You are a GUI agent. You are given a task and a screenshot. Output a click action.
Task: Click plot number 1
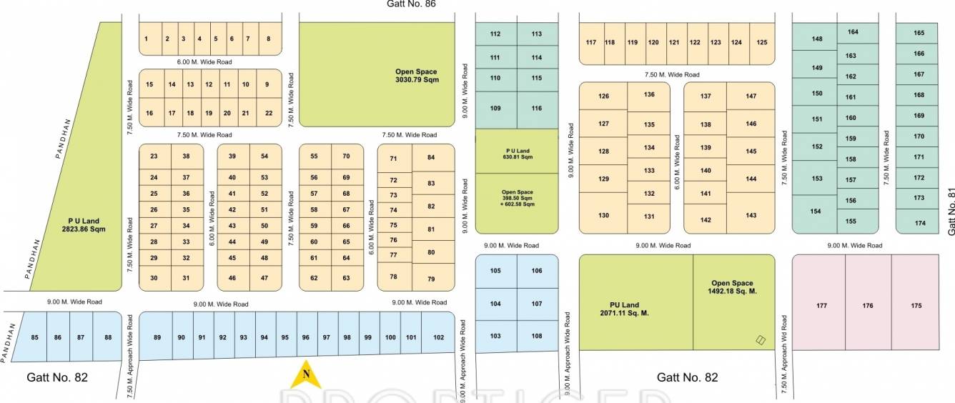[x=146, y=39]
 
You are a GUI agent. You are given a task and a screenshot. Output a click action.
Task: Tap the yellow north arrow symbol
[x=306, y=373]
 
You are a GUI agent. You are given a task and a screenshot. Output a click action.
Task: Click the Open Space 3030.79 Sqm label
[x=416, y=76]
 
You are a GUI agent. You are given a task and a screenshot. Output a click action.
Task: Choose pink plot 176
[x=868, y=306]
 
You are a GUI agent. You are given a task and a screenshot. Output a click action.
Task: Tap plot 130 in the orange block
[x=603, y=216]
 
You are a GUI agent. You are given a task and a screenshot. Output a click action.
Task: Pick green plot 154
[x=816, y=212]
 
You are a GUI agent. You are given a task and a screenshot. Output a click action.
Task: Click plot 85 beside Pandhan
[x=35, y=337]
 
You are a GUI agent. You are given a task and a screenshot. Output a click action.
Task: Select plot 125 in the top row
[x=762, y=42]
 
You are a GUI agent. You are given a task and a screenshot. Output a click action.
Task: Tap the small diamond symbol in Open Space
[x=761, y=341]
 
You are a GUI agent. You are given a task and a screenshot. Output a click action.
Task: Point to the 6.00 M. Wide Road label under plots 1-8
[x=205, y=62]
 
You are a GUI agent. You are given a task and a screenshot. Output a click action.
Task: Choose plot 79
[x=431, y=279]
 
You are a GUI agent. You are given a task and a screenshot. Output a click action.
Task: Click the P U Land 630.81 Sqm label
[x=517, y=153]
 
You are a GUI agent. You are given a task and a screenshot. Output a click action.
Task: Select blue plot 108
[x=537, y=336]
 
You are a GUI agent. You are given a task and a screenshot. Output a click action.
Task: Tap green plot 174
[x=919, y=224]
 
